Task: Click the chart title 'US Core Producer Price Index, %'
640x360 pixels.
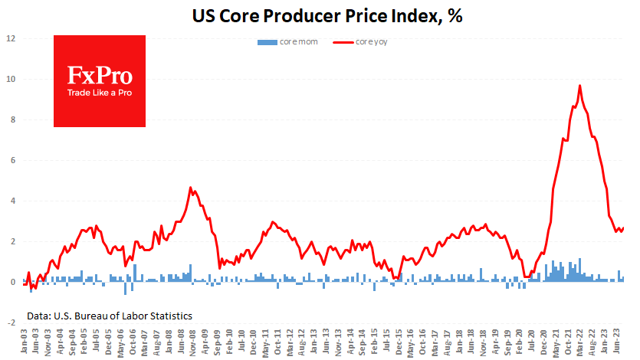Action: tap(320, 15)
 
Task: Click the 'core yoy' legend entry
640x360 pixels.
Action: tap(360, 42)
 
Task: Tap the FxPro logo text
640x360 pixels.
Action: tap(100, 76)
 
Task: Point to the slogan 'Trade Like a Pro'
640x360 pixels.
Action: tap(100, 93)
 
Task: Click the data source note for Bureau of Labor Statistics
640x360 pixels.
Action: tap(109, 316)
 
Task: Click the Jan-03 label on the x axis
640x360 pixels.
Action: tap(25, 342)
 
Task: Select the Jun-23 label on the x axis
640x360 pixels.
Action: tap(615, 342)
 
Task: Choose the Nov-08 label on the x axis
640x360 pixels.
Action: tap(190, 342)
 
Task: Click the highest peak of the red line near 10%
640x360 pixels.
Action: tap(579, 86)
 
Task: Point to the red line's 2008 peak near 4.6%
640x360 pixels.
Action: tap(191, 187)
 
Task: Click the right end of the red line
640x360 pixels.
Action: tap(623, 227)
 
